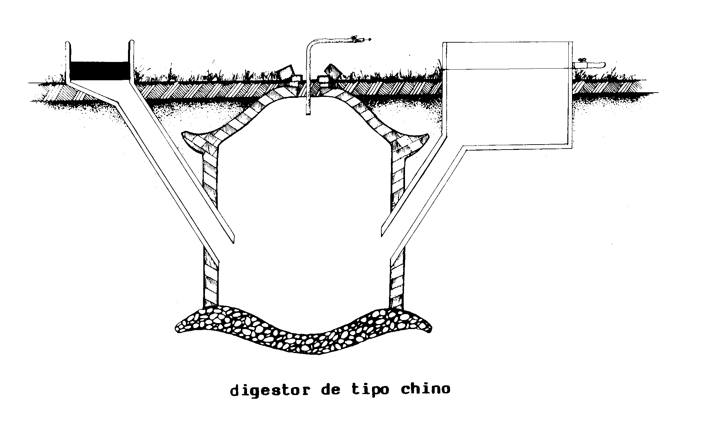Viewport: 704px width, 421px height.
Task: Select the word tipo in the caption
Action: [370, 390]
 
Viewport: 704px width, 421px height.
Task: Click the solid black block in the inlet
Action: [99, 71]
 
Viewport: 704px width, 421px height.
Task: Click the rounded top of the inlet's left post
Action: [68, 44]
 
